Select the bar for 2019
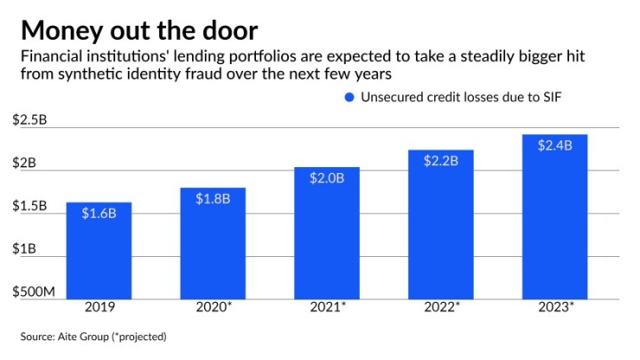tap(99, 251)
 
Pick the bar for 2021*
tap(326, 234)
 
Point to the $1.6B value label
tap(99, 213)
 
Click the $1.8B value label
tap(213, 198)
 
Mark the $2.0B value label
tap(327, 178)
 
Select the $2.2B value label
tap(441, 161)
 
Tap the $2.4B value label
tap(555, 145)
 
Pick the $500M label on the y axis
tap(33, 292)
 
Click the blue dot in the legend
tap(349, 98)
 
